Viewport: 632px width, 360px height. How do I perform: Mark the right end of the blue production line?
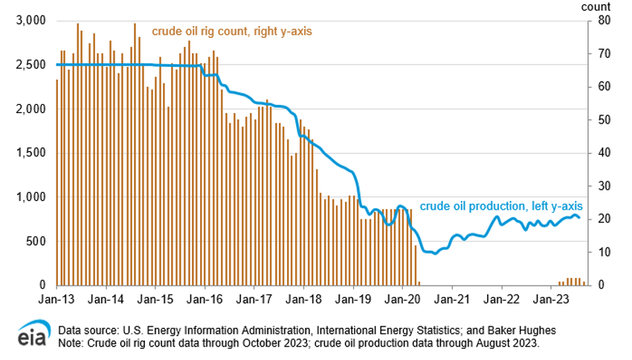click(581, 217)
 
